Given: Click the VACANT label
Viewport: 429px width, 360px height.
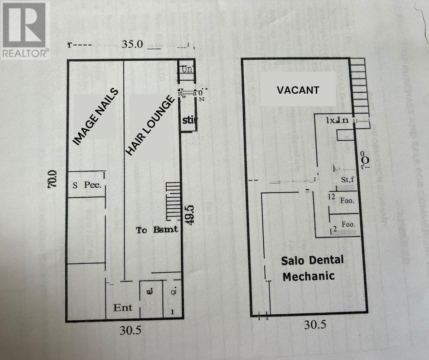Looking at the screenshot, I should [298, 90].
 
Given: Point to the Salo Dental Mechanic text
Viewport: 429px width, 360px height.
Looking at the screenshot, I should [312, 268].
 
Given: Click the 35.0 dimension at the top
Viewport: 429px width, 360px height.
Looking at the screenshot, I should [133, 44].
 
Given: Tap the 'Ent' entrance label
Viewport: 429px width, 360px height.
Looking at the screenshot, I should [123, 307].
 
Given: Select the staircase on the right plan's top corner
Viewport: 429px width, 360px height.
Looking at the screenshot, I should [361, 87].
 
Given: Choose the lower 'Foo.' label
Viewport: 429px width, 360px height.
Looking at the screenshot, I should [349, 225].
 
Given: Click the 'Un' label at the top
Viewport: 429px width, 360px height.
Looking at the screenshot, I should [186, 69].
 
